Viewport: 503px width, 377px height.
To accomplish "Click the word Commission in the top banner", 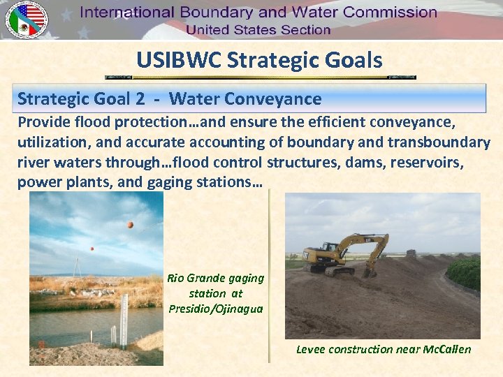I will [x=383, y=13].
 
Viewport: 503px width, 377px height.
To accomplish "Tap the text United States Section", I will [x=258, y=30].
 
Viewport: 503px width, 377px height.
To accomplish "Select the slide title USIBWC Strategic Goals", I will [x=259, y=60].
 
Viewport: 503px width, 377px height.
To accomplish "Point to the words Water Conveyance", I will [x=245, y=99].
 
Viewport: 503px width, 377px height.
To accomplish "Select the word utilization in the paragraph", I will [x=50, y=142].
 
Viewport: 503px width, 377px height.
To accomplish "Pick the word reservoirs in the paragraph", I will [x=434, y=163].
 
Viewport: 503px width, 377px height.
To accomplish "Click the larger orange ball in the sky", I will [x=130, y=225].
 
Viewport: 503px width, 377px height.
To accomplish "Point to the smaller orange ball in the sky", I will [x=92, y=249].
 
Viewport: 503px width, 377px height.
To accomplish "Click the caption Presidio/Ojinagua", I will [x=216, y=309].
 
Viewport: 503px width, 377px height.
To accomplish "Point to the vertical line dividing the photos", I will [x=269, y=279].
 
